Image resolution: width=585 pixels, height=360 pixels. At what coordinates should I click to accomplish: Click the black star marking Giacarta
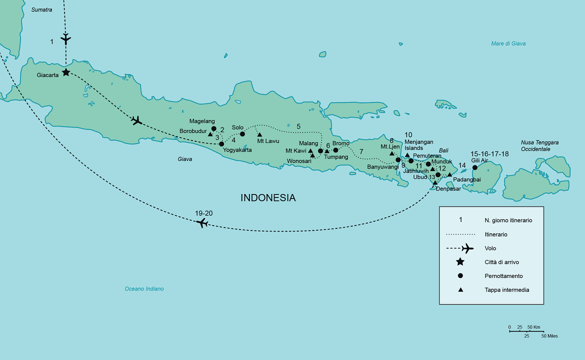[65, 72]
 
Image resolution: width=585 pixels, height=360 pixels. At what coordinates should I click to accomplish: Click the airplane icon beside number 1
[65, 38]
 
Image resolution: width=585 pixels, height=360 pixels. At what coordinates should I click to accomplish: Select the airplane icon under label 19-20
[202, 222]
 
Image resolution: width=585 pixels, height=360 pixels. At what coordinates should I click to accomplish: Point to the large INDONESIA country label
[268, 197]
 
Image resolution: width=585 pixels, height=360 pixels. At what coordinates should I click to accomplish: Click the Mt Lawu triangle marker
[259, 134]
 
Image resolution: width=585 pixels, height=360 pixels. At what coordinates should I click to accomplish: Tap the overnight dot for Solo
[242, 134]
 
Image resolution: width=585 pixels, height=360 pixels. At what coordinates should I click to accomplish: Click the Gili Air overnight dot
[475, 167]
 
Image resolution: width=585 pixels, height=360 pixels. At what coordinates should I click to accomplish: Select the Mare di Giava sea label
[508, 44]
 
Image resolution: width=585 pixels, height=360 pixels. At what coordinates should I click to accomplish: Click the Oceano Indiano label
[144, 289]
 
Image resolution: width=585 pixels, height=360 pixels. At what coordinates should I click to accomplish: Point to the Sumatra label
[41, 10]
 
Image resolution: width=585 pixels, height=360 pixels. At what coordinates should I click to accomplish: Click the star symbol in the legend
[460, 262]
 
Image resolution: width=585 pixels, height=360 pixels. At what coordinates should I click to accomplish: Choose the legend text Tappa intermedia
[506, 290]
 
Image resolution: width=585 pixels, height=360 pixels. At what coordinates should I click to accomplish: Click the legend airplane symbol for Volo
[467, 248]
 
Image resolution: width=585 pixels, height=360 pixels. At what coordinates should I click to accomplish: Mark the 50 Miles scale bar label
[549, 336]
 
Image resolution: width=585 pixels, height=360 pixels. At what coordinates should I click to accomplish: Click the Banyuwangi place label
[382, 167]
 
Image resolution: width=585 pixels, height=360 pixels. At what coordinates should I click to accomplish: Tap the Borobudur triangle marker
[210, 134]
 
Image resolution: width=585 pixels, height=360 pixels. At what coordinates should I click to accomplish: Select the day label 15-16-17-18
[489, 154]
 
